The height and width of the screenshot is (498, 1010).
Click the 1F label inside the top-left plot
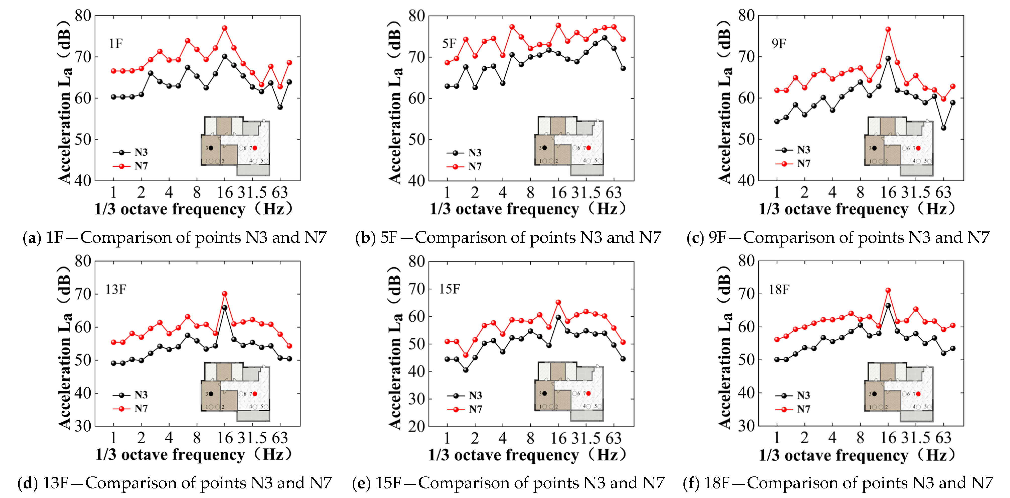click(116, 43)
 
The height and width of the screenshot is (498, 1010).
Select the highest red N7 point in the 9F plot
click(888, 29)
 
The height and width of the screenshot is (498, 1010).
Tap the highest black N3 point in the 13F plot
click(225, 308)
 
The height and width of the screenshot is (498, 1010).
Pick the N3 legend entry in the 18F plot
click(803, 395)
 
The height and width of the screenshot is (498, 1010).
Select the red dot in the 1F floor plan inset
click(255, 148)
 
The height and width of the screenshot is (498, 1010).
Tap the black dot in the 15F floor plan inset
click(544, 393)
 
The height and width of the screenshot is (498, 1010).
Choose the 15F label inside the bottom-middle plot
click(449, 289)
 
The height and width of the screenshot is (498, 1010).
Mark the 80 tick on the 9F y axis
click(746, 16)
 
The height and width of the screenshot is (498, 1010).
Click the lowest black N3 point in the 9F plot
click(944, 128)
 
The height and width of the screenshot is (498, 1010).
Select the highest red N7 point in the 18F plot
click(888, 290)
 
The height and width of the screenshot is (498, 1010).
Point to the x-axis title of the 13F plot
click(194, 455)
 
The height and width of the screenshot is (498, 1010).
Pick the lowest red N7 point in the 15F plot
click(466, 355)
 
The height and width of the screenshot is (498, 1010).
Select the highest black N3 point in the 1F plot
click(225, 56)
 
